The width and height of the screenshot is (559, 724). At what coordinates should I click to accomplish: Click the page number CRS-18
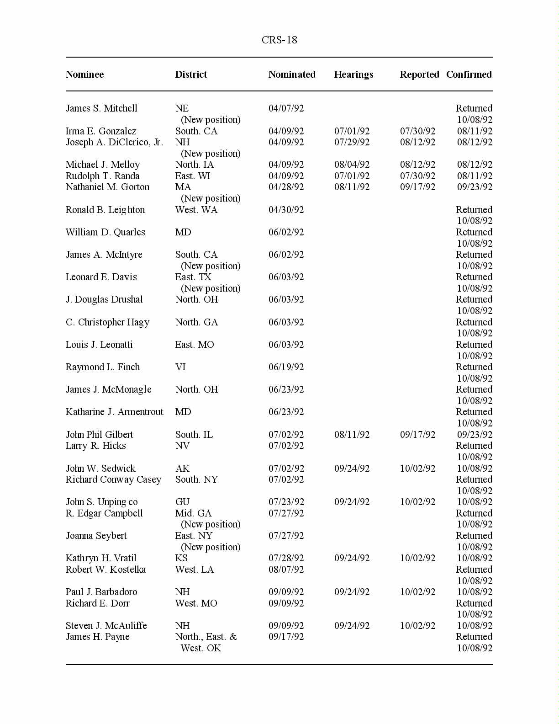pyautogui.click(x=279, y=40)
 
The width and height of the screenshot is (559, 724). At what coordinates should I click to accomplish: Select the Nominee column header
pyautogui.click(x=84, y=75)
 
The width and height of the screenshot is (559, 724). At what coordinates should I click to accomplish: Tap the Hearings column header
pyautogui.click(x=353, y=75)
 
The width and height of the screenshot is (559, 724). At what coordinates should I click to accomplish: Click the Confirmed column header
pyautogui.click(x=469, y=75)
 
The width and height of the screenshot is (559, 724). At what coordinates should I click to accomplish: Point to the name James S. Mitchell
pyautogui.click(x=101, y=108)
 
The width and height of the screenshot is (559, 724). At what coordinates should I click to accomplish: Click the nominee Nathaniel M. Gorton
pyautogui.click(x=107, y=187)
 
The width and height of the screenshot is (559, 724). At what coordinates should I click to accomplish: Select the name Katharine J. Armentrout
pyautogui.click(x=114, y=412)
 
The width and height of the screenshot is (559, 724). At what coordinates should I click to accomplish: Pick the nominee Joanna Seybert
pyautogui.click(x=96, y=536)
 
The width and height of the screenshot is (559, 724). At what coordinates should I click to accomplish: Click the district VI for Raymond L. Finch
pyautogui.click(x=180, y=367)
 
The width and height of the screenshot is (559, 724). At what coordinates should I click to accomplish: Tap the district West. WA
pyautogui.click(x=196, y=210)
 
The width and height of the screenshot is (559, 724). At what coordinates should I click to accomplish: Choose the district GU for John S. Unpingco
pyautogui.click(x=182, y=502)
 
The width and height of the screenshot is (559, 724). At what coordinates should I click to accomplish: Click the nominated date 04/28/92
pyautogui.click(x=286, y=187)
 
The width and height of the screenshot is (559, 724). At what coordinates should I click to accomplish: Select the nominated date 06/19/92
pyautogui.click(x=286, y=367)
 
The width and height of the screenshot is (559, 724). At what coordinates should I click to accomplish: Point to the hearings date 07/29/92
pyautogui.click(x=352, y=142)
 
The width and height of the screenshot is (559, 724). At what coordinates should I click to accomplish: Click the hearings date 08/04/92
pyautogui.click(x=352, y=165)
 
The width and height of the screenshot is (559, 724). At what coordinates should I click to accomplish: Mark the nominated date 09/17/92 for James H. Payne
pyautogui.click(x=286, y=637)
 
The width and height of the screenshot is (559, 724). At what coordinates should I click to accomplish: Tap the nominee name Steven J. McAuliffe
pyautogui.click(x=106, y=626)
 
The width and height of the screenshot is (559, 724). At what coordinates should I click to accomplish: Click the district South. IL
pyautogui.click(x=194, y=435)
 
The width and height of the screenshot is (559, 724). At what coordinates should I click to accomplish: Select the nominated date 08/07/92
pyautogui.click(x=286, y=570)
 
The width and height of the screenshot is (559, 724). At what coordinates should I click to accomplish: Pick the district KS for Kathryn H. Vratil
pyautogui.click(x=181, y=558)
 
